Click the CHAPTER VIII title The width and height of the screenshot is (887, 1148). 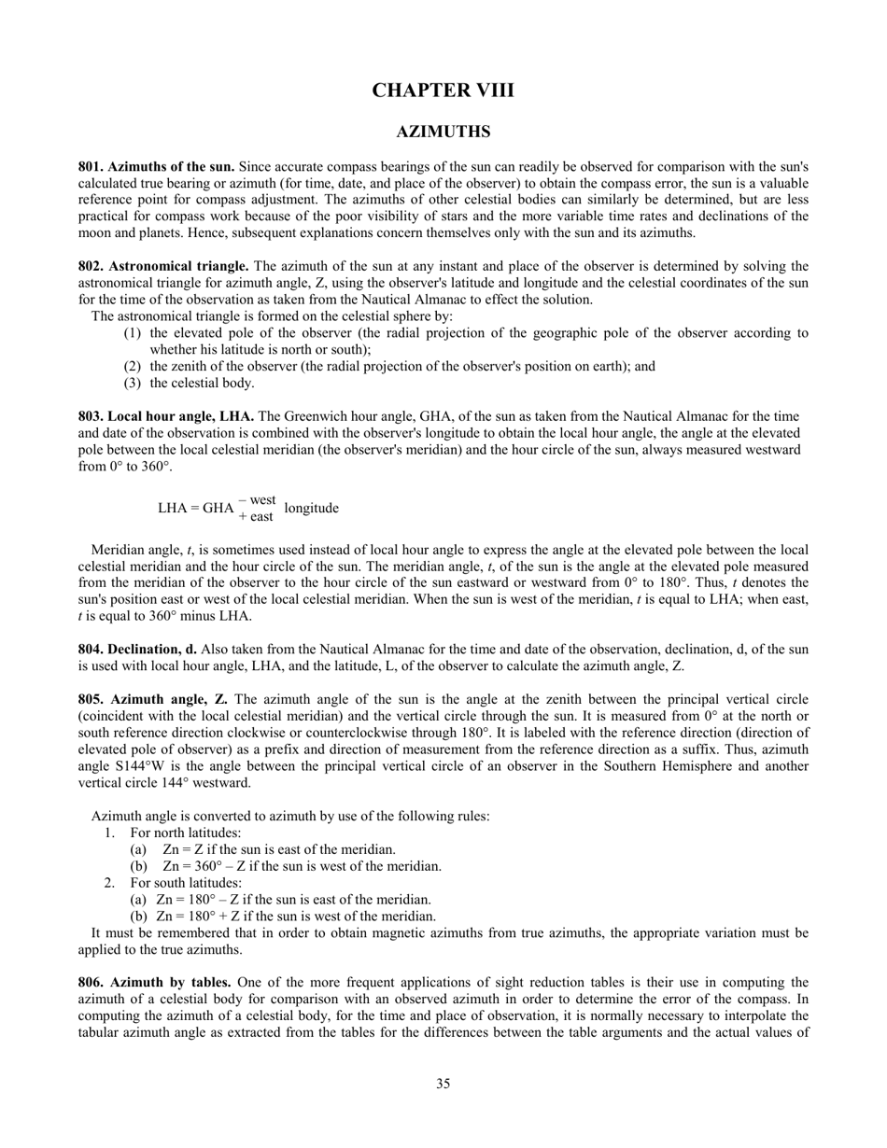click(443, 91)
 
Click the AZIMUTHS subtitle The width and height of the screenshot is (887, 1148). click(443, 133)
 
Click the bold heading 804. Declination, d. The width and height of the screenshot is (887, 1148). click(137, 649)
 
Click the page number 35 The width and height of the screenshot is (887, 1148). click(443, 1084)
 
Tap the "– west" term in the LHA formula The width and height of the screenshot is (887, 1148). click(257, 500)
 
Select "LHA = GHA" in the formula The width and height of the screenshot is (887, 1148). click(195, 509)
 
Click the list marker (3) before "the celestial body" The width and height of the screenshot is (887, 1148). click(132, 383)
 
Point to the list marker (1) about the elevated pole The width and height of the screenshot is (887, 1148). click(132, 332)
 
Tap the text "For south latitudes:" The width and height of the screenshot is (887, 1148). click(186, 883)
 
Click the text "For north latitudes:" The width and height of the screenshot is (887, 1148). click(186, 833)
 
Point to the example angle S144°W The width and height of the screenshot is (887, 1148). click(150, 766)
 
